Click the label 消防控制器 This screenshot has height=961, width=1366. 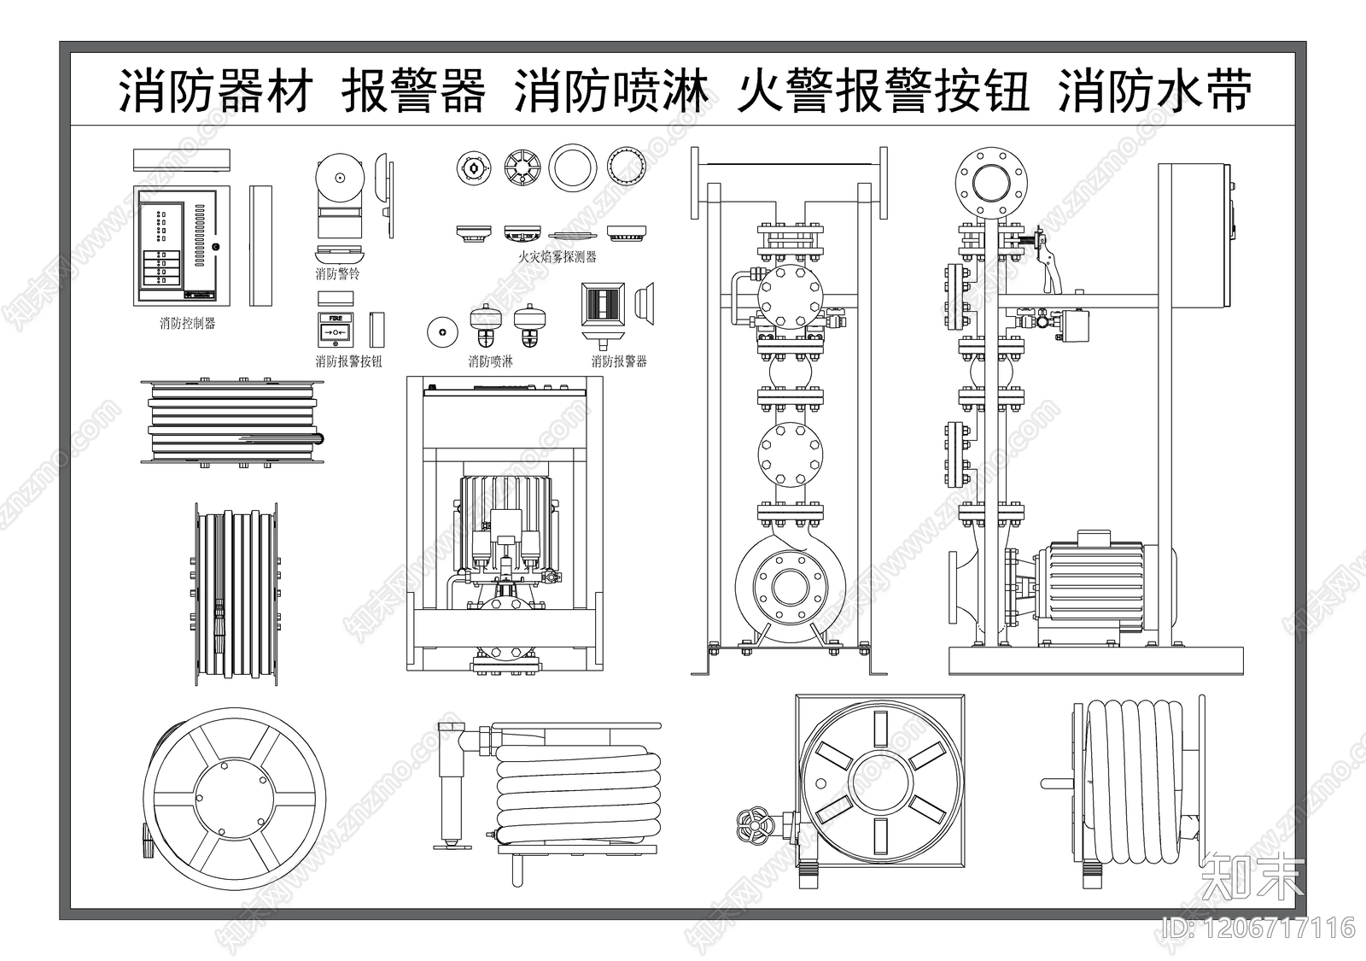pos(187,324)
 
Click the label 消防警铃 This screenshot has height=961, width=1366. pos(337,274)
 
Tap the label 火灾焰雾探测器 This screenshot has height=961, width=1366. pos(557,256)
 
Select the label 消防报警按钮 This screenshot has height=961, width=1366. pos(349,361)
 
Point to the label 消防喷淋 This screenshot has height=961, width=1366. pos(490,361)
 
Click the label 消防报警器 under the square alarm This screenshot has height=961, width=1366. pos(619,361)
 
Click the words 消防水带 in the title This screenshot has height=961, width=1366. pos(1155,92)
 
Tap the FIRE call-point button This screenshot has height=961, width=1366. pos(336,331)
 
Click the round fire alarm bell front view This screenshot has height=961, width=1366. pos(339,179)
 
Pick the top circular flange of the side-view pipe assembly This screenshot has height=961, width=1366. pos(991,182)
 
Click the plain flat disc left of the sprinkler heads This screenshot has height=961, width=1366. pos(441,333)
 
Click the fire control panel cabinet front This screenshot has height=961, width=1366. pos(183,246)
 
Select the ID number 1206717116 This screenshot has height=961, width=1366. pos(1258,928)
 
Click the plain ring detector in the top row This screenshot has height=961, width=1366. pos(572,167)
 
